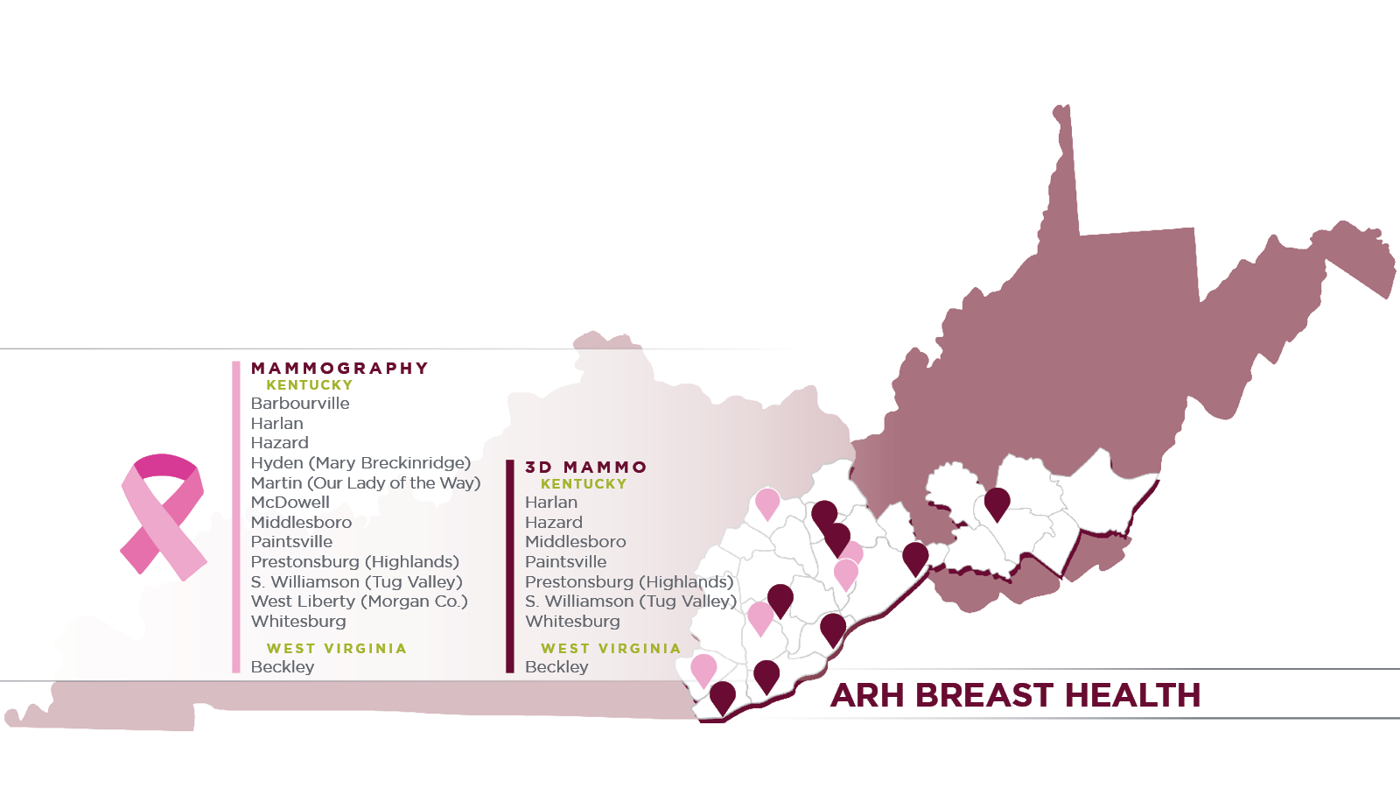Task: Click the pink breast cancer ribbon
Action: click(x=163, y=517)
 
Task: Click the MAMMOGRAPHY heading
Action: click(x=339, y=369)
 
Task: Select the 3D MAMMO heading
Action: click(x=586, y=468)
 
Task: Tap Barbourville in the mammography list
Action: click(x=300, y=404)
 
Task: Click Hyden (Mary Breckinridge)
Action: click(x=360, y=463)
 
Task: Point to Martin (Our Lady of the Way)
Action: click(x=366, y=483)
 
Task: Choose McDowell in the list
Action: click(x=290, y=503)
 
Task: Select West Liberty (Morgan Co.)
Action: click(x=359, y=602)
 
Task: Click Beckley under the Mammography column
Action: click(x=282, y=667)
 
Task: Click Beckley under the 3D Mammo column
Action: click(x=556, y=667)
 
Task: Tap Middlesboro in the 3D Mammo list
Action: click(x=575, y=542)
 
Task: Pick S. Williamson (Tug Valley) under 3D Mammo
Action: click(x=631, y=602)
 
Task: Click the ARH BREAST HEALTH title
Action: click(x=1015, y=695)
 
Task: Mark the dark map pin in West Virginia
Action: click(x=997, y=502)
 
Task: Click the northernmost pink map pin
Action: click(x=767, y=502)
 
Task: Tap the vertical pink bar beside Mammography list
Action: click(x=236, y=517)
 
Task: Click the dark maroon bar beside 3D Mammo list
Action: click(x=510, y=566)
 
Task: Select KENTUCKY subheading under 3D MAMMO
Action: click(x=584, y=484)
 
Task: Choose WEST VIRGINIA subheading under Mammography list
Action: click(x=337, y=649)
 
